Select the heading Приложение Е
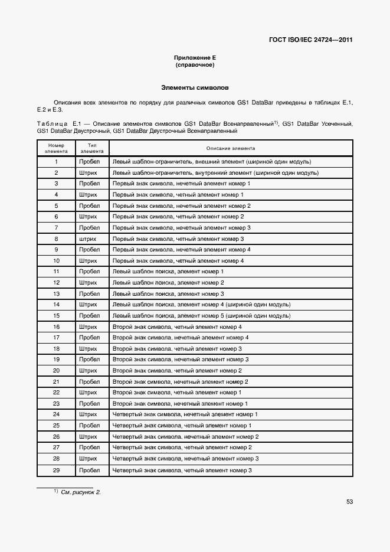coord(195,57)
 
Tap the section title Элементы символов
coord(195,87)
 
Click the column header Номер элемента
coord(56,148)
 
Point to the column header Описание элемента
coord(231,148)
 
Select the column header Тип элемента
coord(92,148)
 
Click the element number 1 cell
coord(56,161)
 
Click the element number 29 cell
coord(56,470)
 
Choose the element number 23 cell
coord(56,404)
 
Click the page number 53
coord(349,501)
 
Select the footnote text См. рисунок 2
coord(81,492)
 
